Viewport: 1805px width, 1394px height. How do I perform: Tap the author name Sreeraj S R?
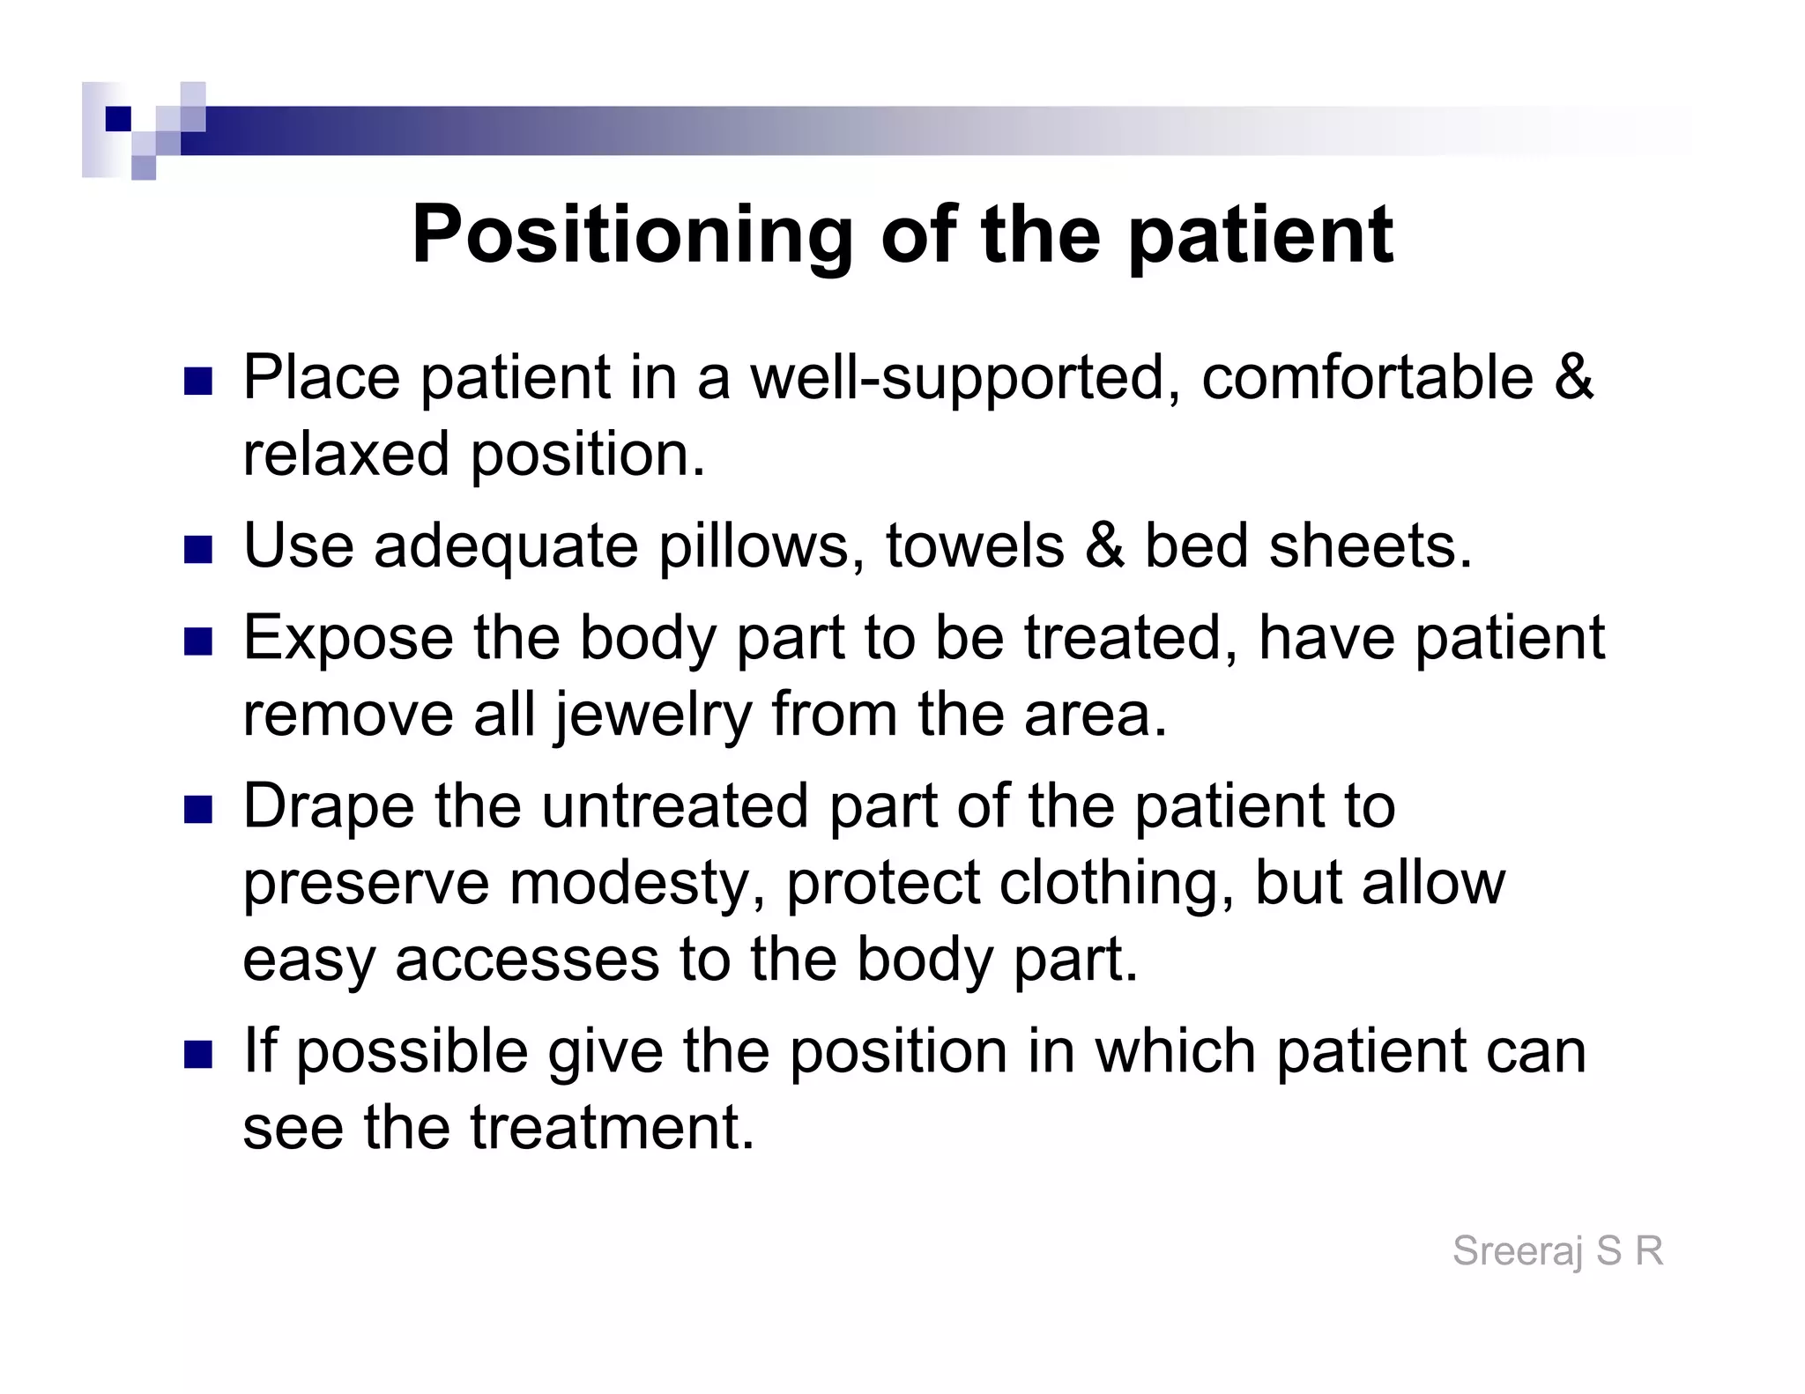tap(1557, 1251)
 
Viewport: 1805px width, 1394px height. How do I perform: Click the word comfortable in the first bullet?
tap(1367, 378)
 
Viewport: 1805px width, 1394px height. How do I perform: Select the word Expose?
tap(347, 638)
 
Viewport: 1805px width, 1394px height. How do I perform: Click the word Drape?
tap(328, 806)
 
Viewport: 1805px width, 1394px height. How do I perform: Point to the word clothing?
tap(1116, 883)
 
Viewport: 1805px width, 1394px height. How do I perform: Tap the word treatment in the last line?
tap(612, 1127)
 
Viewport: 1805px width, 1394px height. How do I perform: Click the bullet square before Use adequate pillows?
tap(198, 550)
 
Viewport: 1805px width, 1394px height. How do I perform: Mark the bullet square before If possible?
tap(198, 1055)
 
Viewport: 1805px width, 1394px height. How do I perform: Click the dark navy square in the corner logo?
tap(117, 119)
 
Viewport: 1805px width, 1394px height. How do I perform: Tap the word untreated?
tap(674, 806)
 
